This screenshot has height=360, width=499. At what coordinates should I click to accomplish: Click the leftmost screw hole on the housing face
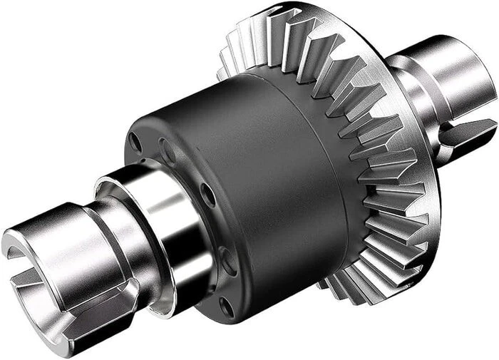coord(135,143)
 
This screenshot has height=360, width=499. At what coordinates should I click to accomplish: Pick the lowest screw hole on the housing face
coord(226,307)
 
